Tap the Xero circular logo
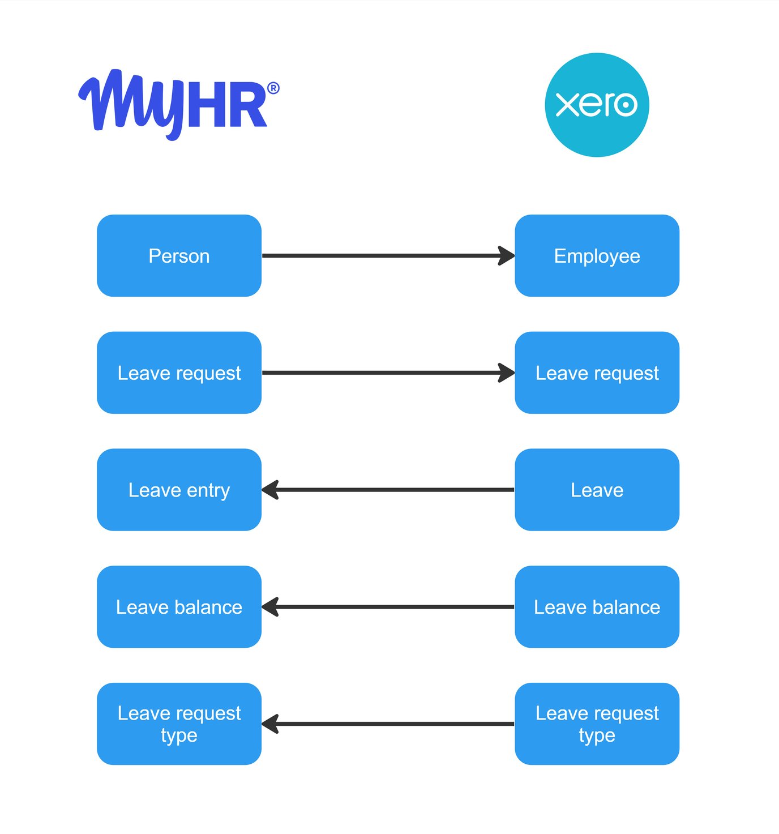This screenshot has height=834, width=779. [x=597, y=105]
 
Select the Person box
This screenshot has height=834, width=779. [x=179, y=256]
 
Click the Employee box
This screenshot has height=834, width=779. [x=597, y=256]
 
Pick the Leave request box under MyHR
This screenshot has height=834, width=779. [x=179, y=373]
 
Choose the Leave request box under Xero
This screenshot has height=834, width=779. [x=597, y=373]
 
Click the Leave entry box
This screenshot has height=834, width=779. [x=179, y=490]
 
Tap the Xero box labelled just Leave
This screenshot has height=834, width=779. [x=597, y=490]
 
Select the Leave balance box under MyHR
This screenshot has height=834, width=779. [x=179, y=607]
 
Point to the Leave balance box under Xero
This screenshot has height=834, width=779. [x=597, y=607]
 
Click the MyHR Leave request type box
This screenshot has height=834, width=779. [x=179, y=724]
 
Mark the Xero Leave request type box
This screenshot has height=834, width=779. [x=597, y=724]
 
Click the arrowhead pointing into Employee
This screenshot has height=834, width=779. [x=506, y=256]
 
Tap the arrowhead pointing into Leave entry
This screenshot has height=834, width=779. [x=271, y=490]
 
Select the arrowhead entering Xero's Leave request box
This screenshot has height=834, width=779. [x=506, y=373]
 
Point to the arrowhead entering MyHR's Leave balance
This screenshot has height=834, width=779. [x=271, y=607]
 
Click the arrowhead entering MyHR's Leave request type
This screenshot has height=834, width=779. [x=271, y=724]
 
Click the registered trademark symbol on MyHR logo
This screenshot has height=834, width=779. [x=273, y=88]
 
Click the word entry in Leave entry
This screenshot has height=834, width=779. [x=208, y=490]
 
